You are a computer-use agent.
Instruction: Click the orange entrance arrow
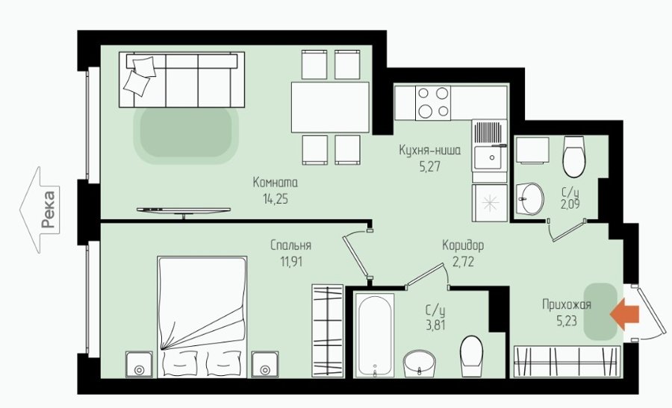624,315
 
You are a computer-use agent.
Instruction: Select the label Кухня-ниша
430,150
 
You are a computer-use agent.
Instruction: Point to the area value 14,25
276,198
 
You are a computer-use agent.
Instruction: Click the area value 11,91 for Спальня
291,261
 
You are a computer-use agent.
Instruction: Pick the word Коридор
463,245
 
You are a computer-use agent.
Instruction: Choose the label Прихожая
567,305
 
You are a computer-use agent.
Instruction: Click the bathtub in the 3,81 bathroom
375,335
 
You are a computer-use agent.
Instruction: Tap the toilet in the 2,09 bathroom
574,157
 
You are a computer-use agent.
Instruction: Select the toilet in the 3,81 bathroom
471,357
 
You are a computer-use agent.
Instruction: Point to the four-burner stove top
433,103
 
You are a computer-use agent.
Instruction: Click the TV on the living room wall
184,210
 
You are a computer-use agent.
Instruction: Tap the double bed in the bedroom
202,317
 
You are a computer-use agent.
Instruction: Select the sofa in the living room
181,80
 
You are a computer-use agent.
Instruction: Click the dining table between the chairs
330,107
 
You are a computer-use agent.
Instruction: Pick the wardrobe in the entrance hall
567,362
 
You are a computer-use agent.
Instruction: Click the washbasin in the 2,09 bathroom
530,198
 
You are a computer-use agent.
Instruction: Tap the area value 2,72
463,261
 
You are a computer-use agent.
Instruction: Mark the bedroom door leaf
355,256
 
